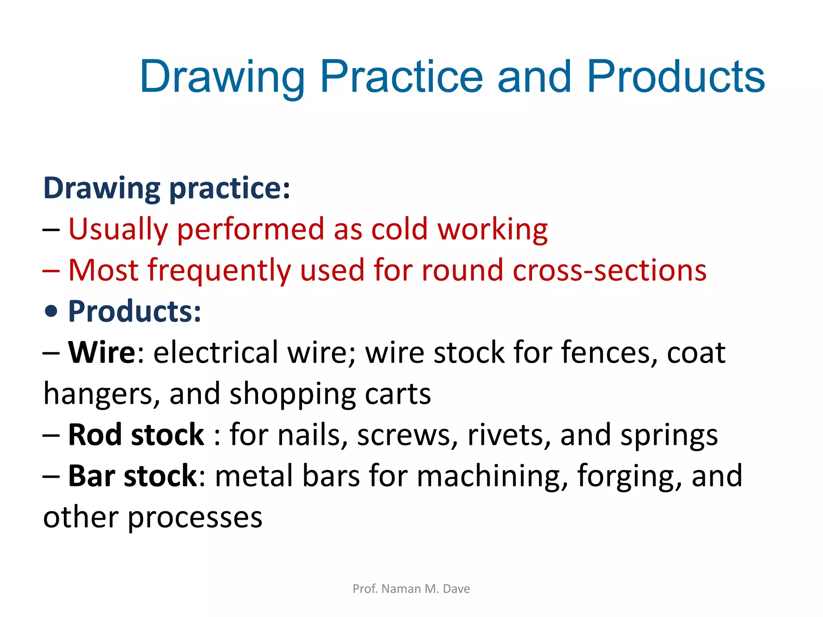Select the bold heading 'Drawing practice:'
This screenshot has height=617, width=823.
click(x=166, y=188)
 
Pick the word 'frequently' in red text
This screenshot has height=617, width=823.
click(x=219, y=270)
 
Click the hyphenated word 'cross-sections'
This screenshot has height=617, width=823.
click(x=609, y=270)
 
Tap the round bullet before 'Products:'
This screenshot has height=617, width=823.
click(x=51, y=311)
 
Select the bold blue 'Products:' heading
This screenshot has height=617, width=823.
click(x=135, y=311)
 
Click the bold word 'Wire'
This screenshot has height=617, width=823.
click(x=102, y=352)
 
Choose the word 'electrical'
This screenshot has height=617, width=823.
click(x=216, y=352)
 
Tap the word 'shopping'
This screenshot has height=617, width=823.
click(x=293, y=394)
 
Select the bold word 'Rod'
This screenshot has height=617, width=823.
click(x=94, y=435)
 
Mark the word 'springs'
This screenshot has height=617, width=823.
click(x=669, y=435)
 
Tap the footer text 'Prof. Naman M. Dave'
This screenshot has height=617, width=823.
click(x=411, y=589)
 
